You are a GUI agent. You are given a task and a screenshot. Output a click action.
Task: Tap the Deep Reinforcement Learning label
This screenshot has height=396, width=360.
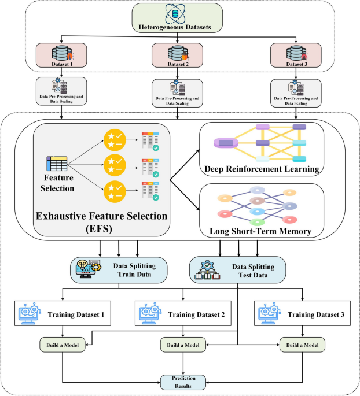pyautogui.click(x=262, y=168)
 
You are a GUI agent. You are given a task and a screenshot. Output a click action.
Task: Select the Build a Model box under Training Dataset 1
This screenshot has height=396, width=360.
pyautogui.click(x=63, y=345)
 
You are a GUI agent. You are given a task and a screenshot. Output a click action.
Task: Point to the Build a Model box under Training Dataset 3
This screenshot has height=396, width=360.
pyautogui.click(x=302, y=345)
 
